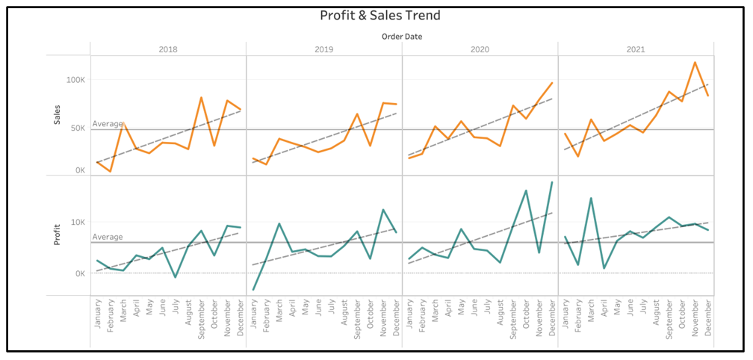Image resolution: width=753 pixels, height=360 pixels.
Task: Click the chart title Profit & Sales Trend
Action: coord(380,15)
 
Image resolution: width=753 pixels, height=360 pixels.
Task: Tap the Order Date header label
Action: coord(402,36)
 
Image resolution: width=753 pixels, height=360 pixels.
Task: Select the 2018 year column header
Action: coord(168,49)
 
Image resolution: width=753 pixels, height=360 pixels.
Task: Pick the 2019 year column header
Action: coord(323,49)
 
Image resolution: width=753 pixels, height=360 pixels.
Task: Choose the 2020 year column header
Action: coord(480,49)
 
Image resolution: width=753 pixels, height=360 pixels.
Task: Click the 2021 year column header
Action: coord(636,49)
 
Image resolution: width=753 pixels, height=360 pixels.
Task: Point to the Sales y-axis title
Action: coord(58,114)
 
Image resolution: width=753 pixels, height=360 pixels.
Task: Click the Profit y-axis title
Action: coord(58,235)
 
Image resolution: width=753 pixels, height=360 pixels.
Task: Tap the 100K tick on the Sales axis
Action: coord(75,79)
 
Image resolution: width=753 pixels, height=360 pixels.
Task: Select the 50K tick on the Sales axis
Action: coord(78,128)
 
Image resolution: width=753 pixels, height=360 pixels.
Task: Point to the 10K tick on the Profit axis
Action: coord(78,223)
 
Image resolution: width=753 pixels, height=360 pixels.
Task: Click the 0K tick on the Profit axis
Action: coord(80,273)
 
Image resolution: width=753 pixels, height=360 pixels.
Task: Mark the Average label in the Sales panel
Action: coord(108,124)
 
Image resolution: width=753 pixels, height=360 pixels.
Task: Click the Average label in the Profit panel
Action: coord(108,237)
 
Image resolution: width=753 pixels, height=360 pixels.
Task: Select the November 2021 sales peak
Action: coord(695,62)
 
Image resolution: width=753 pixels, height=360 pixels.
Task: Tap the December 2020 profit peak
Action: coord(552,182)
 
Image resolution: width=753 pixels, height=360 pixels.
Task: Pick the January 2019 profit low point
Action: coord(253,290)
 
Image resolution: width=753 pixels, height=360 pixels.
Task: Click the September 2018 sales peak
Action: coord(201,97)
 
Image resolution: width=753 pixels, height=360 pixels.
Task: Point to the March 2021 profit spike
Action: coord(591,198)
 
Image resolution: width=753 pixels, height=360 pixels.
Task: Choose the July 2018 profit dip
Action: coord(175,278)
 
